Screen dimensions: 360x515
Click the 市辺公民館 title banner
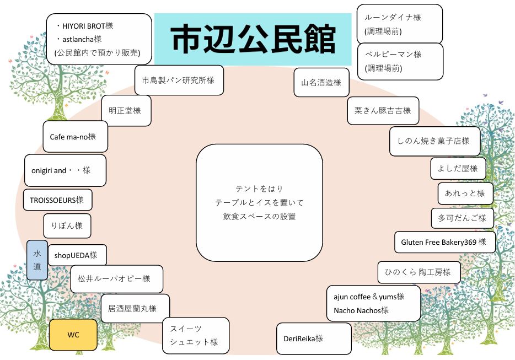coord(253,39)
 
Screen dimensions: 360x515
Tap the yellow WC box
coord(73,335)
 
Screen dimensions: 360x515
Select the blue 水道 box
coord(37,260)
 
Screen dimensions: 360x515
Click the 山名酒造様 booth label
coord(321,83)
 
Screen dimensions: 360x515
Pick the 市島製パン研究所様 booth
coord(179,80)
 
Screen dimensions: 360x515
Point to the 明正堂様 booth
coord(126,110)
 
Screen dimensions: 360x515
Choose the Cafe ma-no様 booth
coord(75,136)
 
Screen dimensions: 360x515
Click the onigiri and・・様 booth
coord(65,170)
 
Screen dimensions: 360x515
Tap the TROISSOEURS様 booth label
coord(57,200)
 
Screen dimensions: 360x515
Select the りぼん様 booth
coord(67,226)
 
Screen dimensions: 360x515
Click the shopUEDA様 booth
coord(77,255)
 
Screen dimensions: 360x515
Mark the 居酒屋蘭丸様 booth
coord(135,308)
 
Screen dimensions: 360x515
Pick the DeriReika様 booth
coord(313,338)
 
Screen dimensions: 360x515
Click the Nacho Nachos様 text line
coord(361,310)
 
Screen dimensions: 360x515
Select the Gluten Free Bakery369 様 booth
coord(444,242)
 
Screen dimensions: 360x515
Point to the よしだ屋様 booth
coord(458,169)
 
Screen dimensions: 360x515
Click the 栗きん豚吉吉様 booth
coord(383,110)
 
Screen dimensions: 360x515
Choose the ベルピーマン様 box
coord(400,61)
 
